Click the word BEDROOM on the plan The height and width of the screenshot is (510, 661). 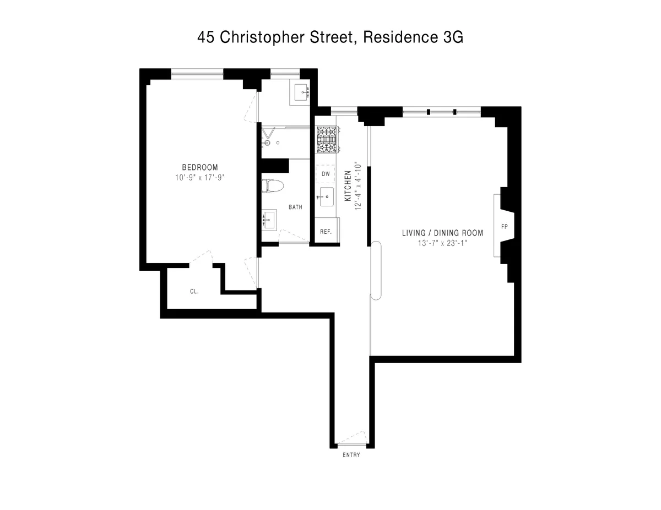point(200,167)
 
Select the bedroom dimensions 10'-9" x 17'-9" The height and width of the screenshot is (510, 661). point(200,177)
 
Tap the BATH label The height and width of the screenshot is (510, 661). point(295,207)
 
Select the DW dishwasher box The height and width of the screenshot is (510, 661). point(326,174)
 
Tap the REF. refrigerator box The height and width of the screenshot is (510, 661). point(326,232)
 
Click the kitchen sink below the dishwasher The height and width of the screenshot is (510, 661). point(326,195)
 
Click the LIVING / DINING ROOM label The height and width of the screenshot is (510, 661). point(442,233)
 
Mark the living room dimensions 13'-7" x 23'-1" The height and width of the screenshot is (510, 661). point(442,243)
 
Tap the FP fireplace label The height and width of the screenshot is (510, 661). point(503,226)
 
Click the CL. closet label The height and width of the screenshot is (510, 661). point(194,292)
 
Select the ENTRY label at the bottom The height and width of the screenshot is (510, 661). point(351,455)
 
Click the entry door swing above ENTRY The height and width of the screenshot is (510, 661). point(351,439)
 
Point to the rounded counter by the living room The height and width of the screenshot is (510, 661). point(376,271)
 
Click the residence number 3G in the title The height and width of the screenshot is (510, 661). point(453,37)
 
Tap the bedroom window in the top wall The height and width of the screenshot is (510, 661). point(197,72)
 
